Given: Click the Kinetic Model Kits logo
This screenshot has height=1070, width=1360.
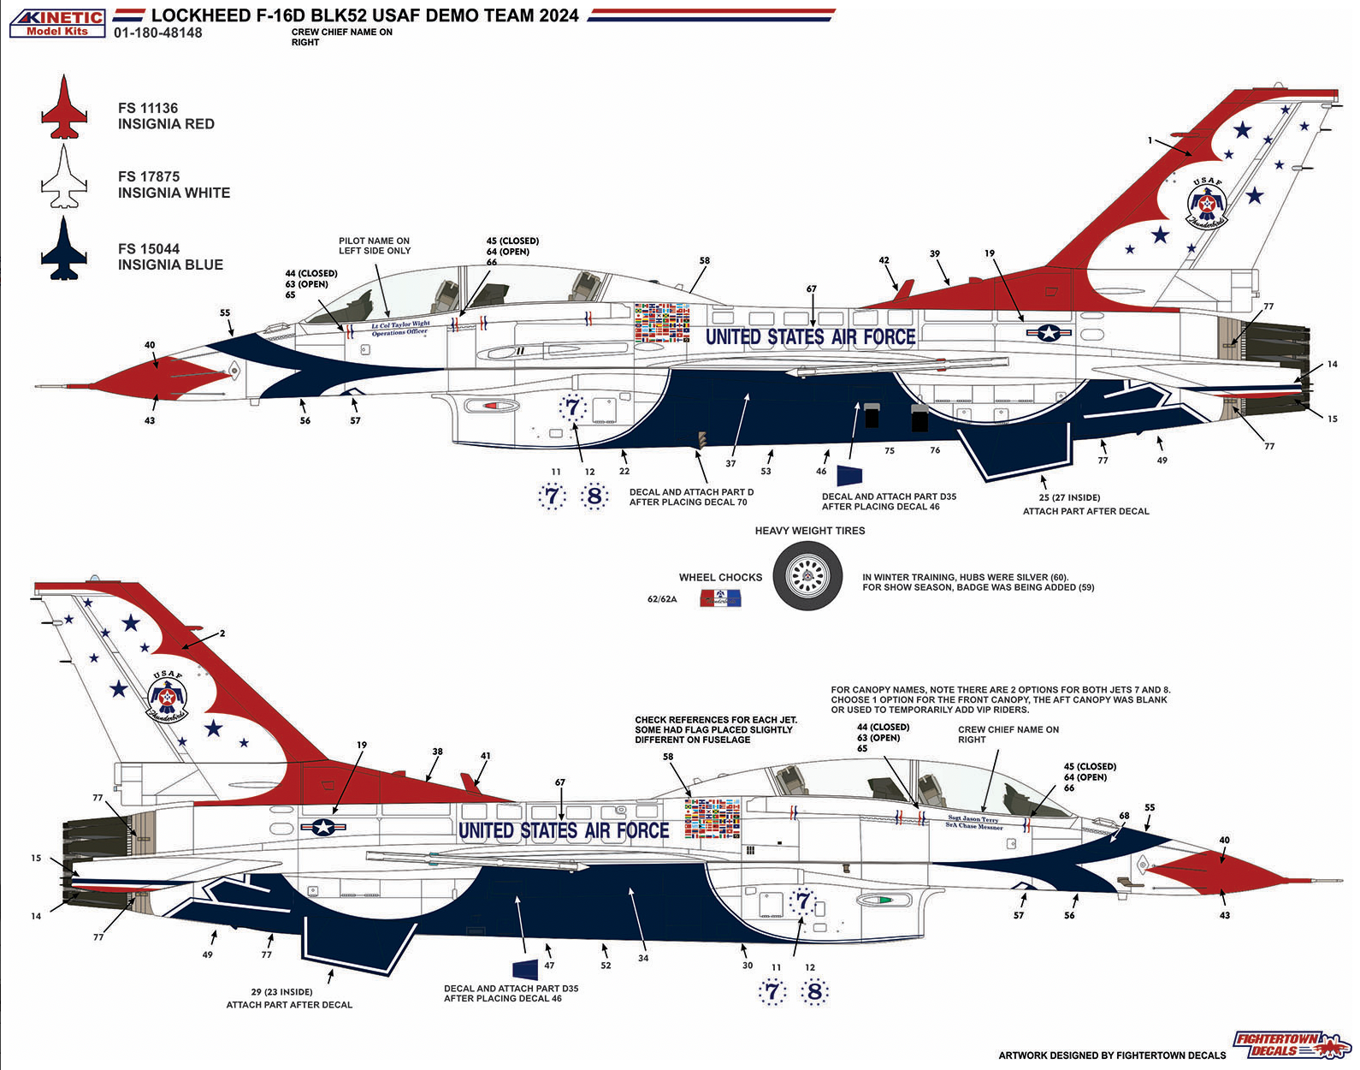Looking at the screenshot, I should coord(57,23).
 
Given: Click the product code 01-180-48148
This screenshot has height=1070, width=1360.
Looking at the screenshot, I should coord(158,33).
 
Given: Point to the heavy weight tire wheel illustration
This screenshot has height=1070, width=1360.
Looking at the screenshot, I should coord(807,576).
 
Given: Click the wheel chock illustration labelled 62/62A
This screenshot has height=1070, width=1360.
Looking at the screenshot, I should coord(720,597).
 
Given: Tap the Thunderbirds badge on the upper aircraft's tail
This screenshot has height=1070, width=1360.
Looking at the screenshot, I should coord(1207,205).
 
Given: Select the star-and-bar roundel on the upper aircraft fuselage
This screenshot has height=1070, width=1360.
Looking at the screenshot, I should coord(1049,333).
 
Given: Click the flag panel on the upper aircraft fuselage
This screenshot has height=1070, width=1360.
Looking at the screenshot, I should coord(662,324).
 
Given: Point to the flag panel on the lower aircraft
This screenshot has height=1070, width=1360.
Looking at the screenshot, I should coord(713,818).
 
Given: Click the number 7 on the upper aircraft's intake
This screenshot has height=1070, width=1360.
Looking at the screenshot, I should coord(572,407).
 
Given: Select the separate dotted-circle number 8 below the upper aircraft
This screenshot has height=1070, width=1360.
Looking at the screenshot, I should coord(594,496).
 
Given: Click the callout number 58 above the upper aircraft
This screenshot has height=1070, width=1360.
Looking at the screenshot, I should coord(704,261).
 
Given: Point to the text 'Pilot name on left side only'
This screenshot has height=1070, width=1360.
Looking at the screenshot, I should coord(375,247).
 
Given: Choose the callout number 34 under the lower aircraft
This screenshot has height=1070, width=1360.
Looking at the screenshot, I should coord(643,958).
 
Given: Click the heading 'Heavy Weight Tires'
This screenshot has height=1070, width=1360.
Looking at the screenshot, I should coord(810,531).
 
